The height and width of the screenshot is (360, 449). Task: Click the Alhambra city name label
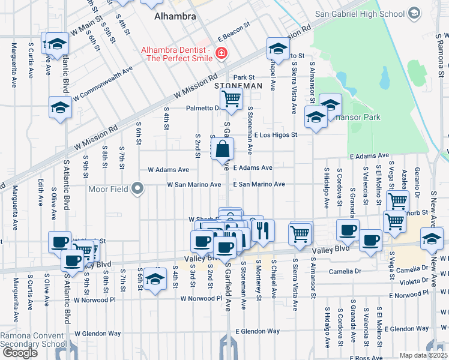click(175, 16)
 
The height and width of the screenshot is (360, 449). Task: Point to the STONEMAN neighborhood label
click(239, 86)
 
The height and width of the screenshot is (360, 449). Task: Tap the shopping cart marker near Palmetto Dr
click(231, 98)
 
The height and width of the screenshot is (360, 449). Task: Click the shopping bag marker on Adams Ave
click(223, 149)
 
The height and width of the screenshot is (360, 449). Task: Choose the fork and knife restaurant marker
click(262, 230)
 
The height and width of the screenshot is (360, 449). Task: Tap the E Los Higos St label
click(276, 135)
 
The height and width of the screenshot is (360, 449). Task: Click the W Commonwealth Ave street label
click(103, 84)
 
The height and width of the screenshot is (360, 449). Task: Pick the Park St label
click(244, 77)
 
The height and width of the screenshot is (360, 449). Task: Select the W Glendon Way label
click(98, 333)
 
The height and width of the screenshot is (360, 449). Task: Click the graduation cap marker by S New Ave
click(432, 238)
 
